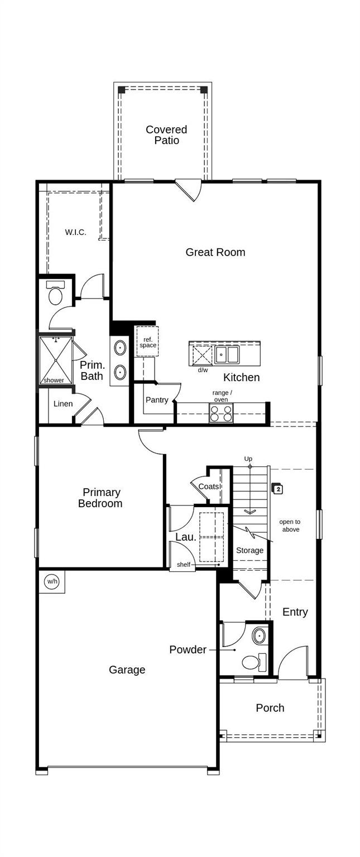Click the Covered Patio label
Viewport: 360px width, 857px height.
[166, 135]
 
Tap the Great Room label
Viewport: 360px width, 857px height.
[215, 252]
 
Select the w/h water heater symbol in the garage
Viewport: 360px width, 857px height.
[52, 581]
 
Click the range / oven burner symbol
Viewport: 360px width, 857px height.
[221, 413]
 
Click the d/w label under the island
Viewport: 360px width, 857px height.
[203, 370]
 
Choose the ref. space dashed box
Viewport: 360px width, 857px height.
[148, 342]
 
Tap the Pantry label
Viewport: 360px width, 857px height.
[157, 400]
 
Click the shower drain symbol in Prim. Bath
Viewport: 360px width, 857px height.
[56, 360]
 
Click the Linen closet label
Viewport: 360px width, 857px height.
[63, 404]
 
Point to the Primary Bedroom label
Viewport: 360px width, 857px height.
[100, 498]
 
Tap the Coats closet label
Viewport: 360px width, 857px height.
[209, 487]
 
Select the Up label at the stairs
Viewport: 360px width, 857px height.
[248, 459]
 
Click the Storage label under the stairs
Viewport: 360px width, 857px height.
[249, 551]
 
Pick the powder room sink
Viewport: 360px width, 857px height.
[260, 635]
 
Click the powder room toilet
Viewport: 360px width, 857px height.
[252, 663]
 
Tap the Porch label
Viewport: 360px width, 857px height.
[270, 708]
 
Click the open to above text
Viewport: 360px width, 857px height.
[290, 526]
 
